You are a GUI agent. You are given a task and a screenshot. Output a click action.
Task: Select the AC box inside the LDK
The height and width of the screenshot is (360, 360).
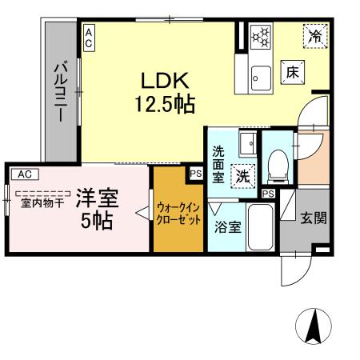pos(88,38)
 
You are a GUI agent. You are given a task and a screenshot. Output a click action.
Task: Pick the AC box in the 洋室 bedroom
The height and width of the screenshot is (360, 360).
pos(24,173)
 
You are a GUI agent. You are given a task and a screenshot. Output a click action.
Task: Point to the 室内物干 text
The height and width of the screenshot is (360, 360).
pos(40,202)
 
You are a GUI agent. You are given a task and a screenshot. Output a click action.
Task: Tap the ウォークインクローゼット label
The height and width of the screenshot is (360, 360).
pos(178,212)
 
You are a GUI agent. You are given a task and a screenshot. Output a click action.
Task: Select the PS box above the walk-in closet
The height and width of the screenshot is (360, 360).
pos(196,171)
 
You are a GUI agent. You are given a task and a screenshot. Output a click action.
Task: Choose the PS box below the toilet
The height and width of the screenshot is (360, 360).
pos(268,194)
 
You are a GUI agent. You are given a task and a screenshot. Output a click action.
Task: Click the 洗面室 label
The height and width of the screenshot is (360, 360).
pos(218,163)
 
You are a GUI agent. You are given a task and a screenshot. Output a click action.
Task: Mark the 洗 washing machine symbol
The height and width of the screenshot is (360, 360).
pos(240,174)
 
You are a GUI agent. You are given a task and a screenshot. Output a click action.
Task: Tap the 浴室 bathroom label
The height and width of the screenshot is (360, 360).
pos(226,227)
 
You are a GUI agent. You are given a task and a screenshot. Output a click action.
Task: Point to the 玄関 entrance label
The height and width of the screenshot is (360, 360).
pos(313,217)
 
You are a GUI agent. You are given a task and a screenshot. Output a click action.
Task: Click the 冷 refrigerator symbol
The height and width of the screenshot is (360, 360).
pos(315,36)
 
